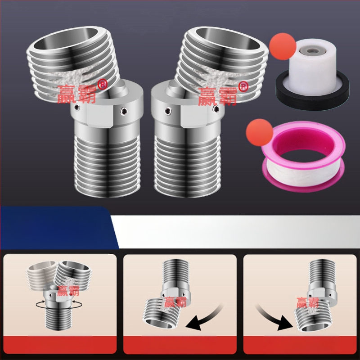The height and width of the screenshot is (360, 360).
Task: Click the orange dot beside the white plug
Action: tap(283, 46)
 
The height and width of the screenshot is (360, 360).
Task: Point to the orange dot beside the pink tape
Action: tap(260, 132)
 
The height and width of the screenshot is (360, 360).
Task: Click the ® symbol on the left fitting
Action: tap(103, 84)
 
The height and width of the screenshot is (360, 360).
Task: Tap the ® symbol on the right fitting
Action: tap(243, 86)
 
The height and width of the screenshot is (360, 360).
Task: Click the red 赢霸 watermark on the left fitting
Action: tap(76, 94)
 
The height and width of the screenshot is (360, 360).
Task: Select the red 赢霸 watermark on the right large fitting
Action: tap(217, 96)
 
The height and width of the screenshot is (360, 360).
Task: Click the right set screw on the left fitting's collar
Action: tap(124, 111)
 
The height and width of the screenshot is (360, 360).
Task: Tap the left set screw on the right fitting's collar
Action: tap(168, 111)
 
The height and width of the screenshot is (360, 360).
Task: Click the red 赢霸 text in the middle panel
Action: tap(175, 302)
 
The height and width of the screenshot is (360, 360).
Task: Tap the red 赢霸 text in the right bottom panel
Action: tap(308, 302)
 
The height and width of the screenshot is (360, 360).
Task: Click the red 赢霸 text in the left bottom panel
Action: tap(68, 291)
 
